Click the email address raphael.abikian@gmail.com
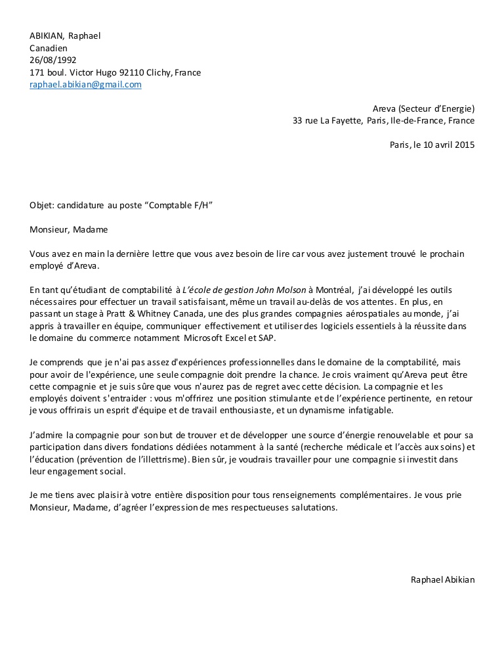tap(85, 85)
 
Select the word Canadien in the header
tap(49, 48)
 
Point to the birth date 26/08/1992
tap(53, 60)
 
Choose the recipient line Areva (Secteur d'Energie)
tap(423, 108)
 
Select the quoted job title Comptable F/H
tap(180, 205)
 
